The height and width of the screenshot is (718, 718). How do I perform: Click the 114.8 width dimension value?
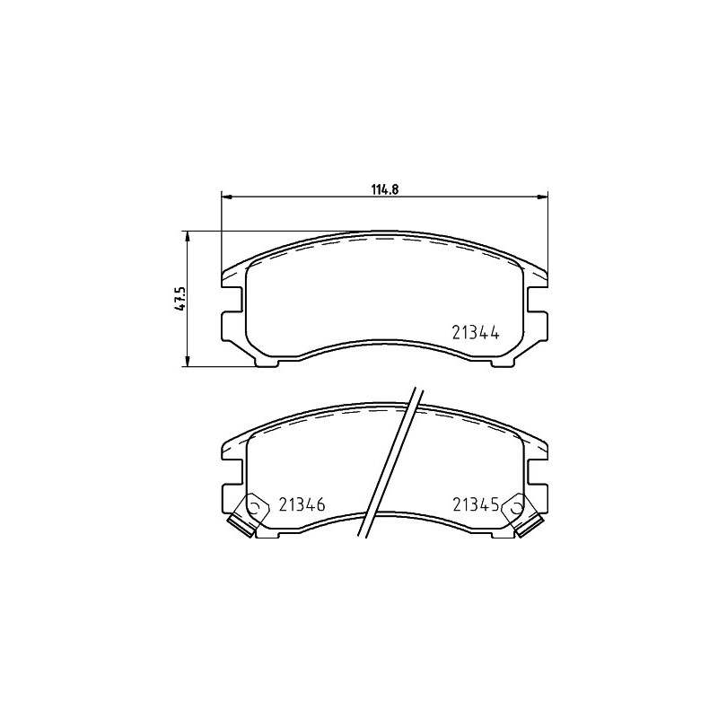pos(386,189)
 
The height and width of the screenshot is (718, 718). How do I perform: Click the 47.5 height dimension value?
pos(180,299)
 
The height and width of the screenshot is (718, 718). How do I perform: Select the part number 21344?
pos(476,332)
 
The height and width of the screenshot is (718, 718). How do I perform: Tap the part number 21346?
pos(302,504)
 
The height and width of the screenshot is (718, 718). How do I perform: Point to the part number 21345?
pos(476,504)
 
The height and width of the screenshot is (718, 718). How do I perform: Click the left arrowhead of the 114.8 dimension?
pos(227,197)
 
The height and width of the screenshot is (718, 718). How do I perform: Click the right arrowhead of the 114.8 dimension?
pos(542,197)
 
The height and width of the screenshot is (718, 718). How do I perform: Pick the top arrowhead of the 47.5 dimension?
pos(187,236)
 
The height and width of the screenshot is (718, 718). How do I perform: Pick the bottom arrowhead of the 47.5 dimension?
pos(187,361)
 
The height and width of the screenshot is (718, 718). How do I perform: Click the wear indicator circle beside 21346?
pos(256,507)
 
